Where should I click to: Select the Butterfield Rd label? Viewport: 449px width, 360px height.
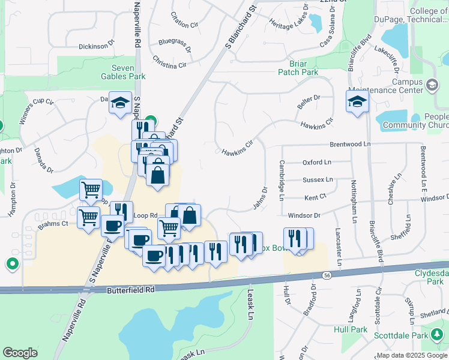click(x=131, y=289)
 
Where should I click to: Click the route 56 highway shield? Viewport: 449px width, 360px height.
click(x=327, y=275)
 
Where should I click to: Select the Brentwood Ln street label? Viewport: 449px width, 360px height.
click(x=350, y=145)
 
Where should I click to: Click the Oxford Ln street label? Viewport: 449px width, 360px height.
click(x=316, y=162)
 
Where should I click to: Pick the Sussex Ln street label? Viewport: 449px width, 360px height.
click(x=318, y=179)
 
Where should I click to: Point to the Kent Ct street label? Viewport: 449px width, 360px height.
click(x=315, y=196)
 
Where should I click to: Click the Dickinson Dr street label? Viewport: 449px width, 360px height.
click(x=96, y=46)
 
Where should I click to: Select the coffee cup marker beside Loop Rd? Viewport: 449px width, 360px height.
click(x=112, y=226)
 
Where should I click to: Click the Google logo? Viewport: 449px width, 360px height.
click(x=20, y=353)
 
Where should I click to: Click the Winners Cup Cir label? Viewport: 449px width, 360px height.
click(x=36, y=111)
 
